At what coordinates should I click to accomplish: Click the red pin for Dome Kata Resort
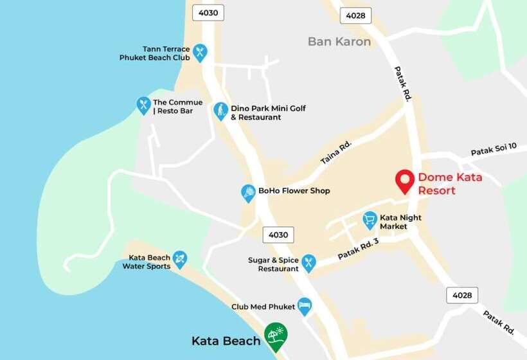404,181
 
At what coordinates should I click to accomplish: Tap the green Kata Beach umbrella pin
276,335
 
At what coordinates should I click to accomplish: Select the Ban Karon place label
339,42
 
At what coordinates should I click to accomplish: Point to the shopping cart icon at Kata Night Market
370,220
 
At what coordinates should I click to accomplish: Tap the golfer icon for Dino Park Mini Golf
220,110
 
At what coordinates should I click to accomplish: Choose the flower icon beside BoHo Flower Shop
248,192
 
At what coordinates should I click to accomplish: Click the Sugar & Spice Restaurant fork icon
308,262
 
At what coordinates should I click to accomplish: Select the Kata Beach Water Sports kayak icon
180,258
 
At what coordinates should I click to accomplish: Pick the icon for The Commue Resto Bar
143,104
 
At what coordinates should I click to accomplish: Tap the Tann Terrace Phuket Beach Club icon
200,51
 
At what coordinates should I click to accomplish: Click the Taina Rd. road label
336,152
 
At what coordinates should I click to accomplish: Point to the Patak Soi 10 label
494,150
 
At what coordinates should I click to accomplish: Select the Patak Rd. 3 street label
359,248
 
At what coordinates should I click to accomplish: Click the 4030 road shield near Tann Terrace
208,13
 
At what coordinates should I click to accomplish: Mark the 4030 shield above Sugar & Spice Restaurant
278,235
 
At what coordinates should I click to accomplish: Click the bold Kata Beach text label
226,341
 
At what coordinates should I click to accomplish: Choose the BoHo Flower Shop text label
294,191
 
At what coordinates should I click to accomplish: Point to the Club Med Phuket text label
263,307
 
